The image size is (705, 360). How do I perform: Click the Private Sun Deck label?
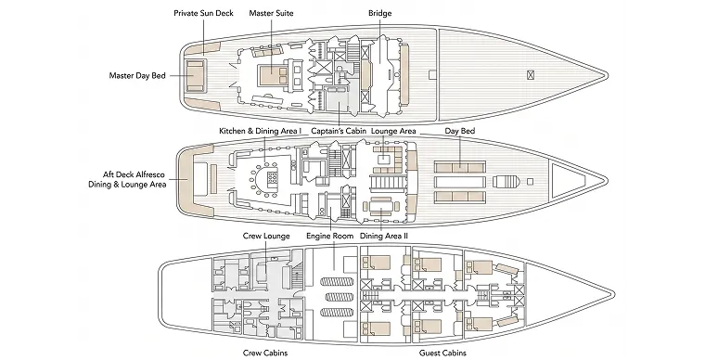point(204,13)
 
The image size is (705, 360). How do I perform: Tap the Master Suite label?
point(271,13)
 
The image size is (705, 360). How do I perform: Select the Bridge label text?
point(380,13)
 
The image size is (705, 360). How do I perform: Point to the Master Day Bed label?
point(137,75)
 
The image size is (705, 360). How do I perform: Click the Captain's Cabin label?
point(339,131)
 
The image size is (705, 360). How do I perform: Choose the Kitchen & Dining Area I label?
point(260,131)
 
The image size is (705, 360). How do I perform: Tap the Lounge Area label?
point(393,131)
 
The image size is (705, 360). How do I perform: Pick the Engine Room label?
point(329,236)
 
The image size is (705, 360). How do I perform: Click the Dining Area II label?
point(383,236)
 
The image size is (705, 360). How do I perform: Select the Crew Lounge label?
point(266,236)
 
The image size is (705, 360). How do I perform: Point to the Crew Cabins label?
point(265,353)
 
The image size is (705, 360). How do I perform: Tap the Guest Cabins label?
point(442,353)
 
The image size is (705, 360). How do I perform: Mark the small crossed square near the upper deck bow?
point(531,75)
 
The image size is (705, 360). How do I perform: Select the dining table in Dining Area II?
point(382,206)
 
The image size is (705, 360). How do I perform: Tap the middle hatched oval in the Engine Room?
point(334,297)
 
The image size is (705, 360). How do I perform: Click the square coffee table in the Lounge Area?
point(383,159)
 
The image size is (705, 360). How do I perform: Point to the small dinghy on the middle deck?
point(506,182)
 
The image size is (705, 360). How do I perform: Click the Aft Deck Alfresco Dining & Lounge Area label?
point(127,179)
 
